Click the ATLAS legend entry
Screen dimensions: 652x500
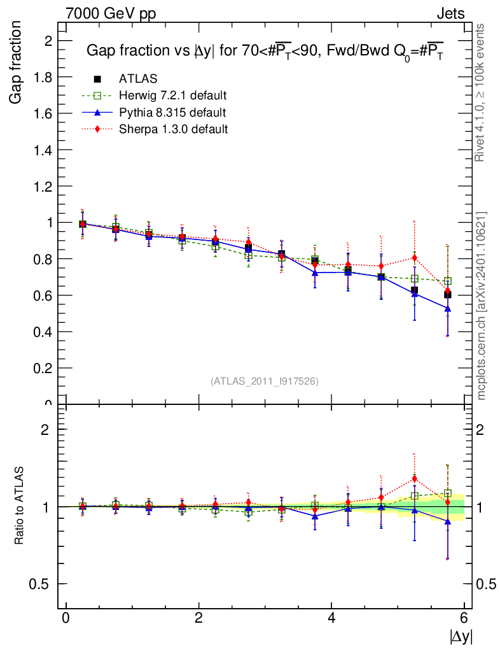tap(137, 79)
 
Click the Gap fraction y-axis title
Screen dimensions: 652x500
tap(17, 62)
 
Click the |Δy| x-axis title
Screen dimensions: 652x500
tap(461, 636)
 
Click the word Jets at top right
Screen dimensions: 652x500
tap(450, 13)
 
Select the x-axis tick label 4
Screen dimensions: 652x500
tap(331, 618)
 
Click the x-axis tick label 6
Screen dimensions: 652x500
tap(464, 618)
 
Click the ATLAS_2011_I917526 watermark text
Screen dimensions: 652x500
tap(265, 381)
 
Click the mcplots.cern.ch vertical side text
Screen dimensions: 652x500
tap(482, 306)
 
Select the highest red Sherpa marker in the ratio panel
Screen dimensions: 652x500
tap(415, 478)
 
